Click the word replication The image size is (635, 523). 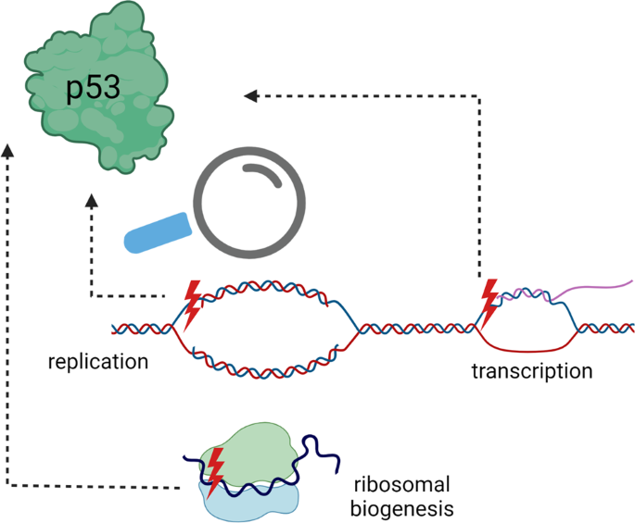[x=98, y=361]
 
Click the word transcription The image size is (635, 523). [x=531, y=372]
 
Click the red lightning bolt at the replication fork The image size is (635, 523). [x=192, y=303]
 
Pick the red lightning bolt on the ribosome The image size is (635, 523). [x=215, y=471]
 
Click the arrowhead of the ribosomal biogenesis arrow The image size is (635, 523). [x=8, y=150]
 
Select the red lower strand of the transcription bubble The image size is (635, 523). [x=528, y=349]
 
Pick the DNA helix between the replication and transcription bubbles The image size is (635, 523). [x=417, y=328]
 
